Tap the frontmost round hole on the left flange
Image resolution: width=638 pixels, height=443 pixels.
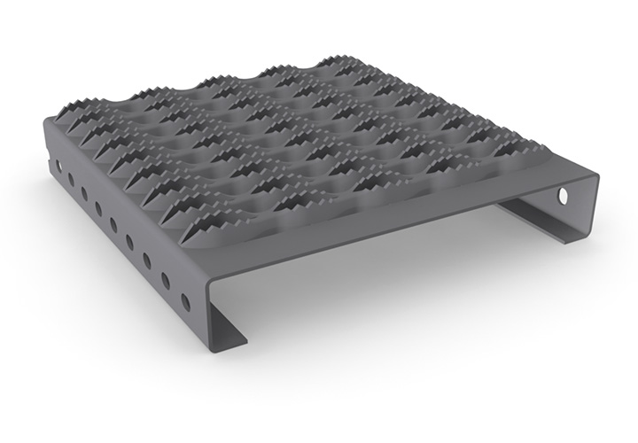click(x=185, y=301)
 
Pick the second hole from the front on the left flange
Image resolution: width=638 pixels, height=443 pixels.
click(x=166, y=280)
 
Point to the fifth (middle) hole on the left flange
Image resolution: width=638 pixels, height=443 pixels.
click(x=113, y=224)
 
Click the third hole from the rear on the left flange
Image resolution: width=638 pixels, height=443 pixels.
click(x=84, y=193)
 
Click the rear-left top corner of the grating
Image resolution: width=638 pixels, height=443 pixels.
click(x=46, y=124)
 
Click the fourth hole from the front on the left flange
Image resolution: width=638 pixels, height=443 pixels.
click(x=129, y=241)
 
